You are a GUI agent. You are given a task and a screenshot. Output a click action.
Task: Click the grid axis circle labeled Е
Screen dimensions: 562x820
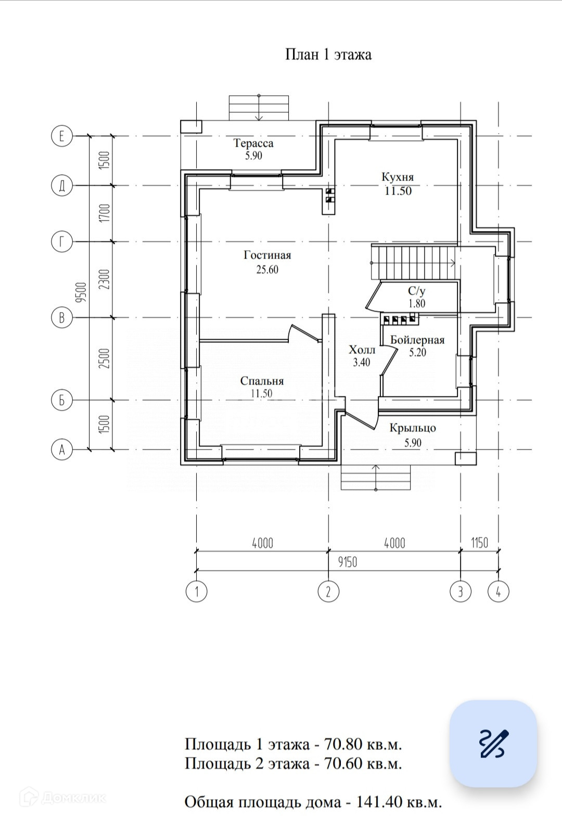(62, 136)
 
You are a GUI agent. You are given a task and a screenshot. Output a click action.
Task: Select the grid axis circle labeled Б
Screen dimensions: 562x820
(62, 400)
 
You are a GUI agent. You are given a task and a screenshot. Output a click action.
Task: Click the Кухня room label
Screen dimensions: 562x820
(398, 177)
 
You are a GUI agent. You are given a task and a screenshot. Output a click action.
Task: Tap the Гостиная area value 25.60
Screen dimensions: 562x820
(267, 270)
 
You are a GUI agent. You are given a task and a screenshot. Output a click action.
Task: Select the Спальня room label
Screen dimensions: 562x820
(262, 381)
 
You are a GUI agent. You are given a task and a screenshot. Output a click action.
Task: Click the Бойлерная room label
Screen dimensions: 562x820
(417, 340)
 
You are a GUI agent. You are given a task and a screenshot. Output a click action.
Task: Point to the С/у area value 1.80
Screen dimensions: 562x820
(417, 303)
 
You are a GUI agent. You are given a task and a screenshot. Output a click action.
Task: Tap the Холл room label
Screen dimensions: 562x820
(362, 350)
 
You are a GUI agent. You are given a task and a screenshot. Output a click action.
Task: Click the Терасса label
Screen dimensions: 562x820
(253, 143)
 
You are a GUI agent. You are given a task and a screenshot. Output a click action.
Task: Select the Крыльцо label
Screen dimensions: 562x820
(413, 428)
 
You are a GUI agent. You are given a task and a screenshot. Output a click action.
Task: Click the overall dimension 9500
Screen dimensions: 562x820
(82, 292)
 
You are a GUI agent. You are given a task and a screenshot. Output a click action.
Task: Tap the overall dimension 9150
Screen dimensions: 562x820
(347, 562)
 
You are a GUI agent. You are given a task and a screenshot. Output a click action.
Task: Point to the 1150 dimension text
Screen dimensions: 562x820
(479, 543)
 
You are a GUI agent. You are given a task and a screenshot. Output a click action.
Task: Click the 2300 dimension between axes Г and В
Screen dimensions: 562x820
(105, 279)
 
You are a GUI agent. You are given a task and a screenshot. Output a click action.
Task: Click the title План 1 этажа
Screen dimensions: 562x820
(328, 55)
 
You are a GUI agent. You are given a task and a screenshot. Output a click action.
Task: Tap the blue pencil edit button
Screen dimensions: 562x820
(493, 744)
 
